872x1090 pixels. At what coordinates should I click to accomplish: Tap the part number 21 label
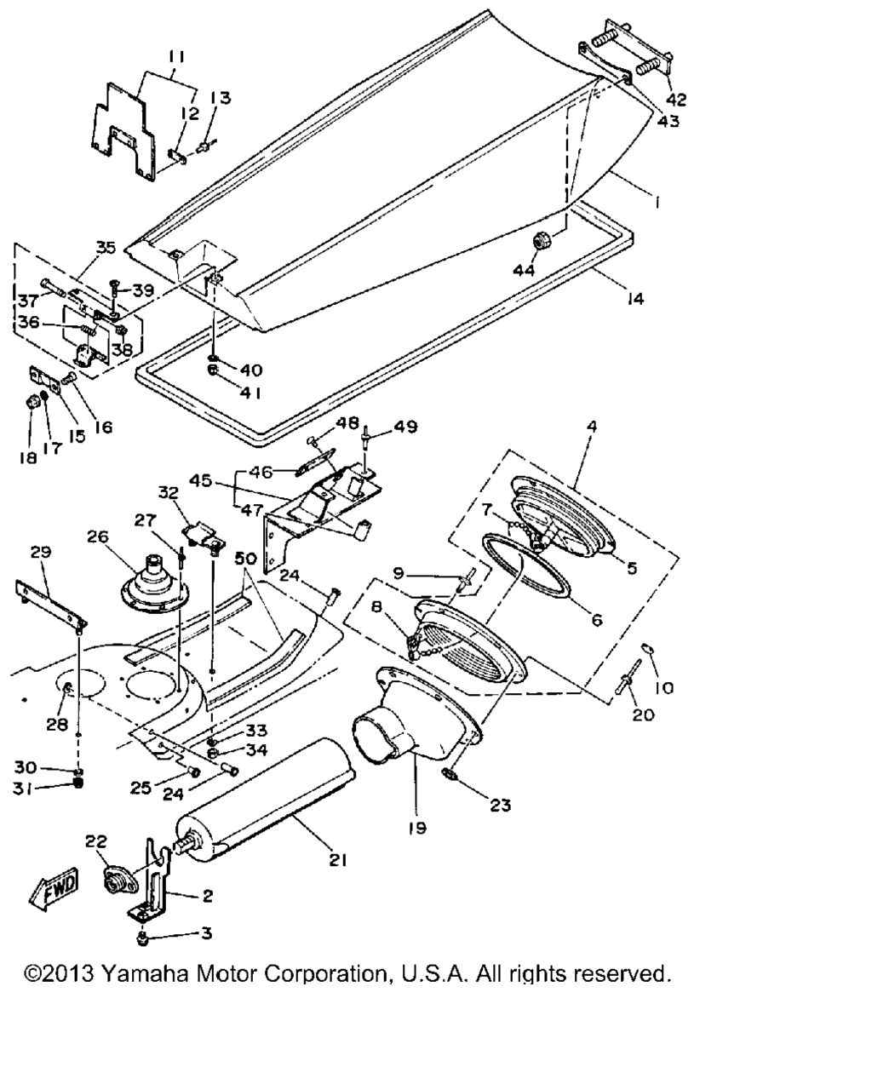[x=339, y=860]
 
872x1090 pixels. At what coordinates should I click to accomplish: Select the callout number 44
[x=525, y=270]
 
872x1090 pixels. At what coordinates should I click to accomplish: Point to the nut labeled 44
[x=540, y=242]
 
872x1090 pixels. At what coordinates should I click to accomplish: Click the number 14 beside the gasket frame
[x=634, y=299]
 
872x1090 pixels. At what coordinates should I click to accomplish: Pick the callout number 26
[x=99, y=536]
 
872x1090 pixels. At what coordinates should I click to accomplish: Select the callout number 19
[x=417, y=827]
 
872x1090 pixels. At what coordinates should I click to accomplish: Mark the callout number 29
[x=40, y=552]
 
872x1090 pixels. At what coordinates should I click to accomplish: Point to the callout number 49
[x=405, y=427]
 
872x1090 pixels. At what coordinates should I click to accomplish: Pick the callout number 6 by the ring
[x=595, y=620]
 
